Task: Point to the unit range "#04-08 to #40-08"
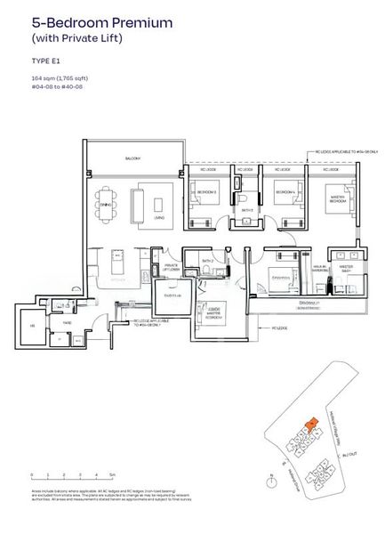pos(55,88)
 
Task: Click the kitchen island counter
pos(116,262)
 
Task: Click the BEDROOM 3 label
pos(205,192)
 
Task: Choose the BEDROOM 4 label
pos(285,192)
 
